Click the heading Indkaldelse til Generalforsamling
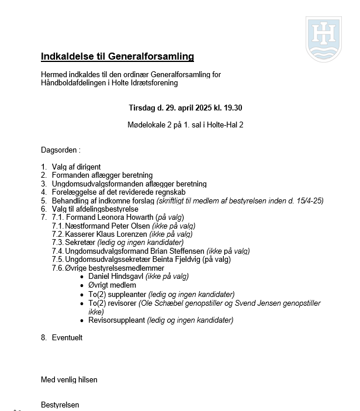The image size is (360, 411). click(117, 57)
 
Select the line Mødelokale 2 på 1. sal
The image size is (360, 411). click(185, 125)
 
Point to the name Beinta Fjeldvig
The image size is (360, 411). click(174, 260)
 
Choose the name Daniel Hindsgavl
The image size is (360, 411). click(114, 277)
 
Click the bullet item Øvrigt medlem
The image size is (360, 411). click(112, 285)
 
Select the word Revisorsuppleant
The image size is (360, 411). click(116, 320)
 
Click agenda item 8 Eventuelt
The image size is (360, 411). click(67, 337)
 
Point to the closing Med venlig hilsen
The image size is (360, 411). click(69, 379)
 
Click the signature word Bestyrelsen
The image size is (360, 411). click(60, 405)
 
